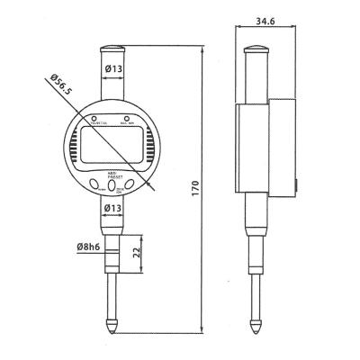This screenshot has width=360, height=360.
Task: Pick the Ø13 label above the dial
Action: click(114, 69)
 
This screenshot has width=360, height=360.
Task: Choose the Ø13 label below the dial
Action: click(114, 210)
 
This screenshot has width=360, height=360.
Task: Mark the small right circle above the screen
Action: click(128, 118)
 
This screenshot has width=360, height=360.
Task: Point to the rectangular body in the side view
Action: click(267, 148)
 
